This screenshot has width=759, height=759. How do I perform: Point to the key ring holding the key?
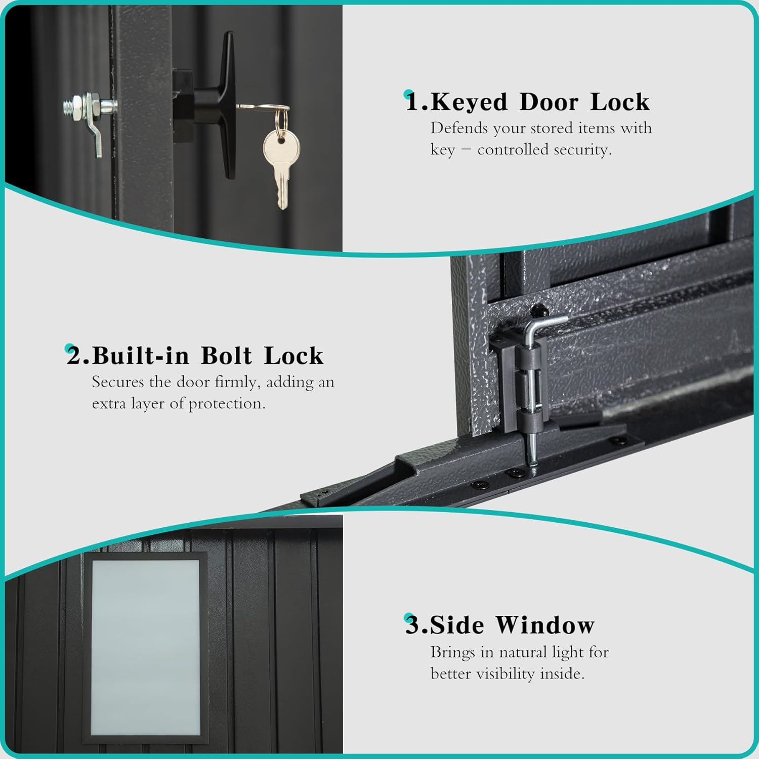click(x=281, y=121)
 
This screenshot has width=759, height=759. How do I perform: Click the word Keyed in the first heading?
click(x=469, y=102)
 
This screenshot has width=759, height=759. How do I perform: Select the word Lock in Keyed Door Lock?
click(x=620, y=102)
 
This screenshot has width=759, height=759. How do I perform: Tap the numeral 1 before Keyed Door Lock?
click(x=413, y=102)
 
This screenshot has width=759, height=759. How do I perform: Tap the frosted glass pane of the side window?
click(x=145, y=648)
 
